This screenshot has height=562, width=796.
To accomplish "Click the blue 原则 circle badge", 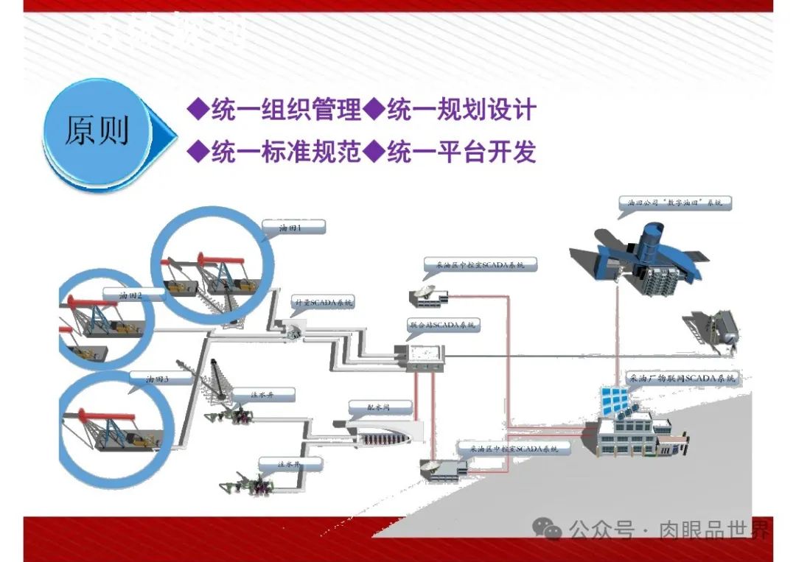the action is [97, 131].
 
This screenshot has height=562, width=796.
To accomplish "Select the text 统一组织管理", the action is [286, 110].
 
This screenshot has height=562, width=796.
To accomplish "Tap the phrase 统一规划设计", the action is [461, 110].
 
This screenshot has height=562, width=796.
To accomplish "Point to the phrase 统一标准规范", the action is [286, 152].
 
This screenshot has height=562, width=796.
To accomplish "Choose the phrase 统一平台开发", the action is [461, 152].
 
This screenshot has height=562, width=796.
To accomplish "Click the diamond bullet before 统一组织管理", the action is [197, 110].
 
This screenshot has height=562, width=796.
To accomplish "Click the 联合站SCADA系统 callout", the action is [443, 325].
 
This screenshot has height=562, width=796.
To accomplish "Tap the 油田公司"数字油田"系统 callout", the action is [675, 201].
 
